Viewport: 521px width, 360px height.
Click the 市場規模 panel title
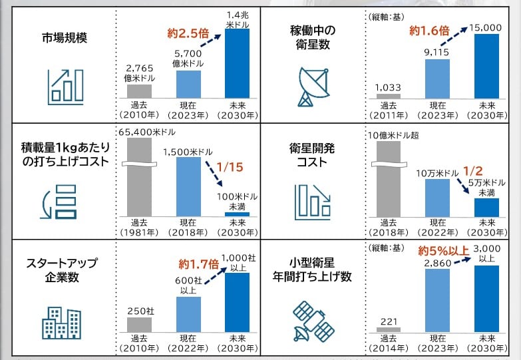pos(65,37)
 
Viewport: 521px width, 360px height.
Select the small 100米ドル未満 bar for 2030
pos(237,214)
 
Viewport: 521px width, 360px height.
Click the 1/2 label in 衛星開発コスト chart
pos(472,171)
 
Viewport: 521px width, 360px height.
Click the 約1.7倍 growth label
pos(194,264)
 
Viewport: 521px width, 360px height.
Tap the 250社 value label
pos(139,311)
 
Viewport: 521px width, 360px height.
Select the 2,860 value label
pos(438,264)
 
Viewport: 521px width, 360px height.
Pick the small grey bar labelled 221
pos(389,329)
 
